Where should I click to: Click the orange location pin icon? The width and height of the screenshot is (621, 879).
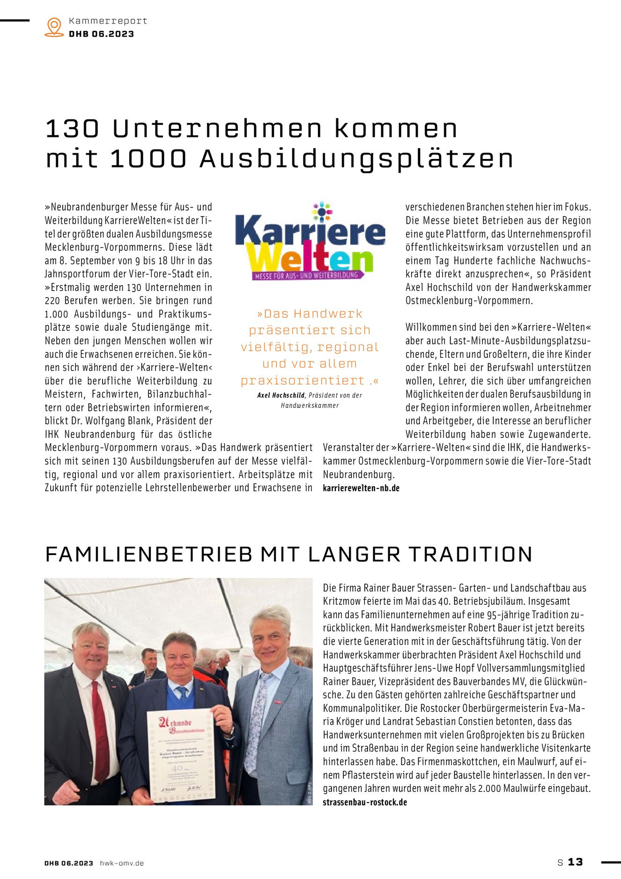click(54, 27)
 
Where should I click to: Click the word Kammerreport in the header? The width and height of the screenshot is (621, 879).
click(108, 21)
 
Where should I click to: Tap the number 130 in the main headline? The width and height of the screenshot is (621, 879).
click(72, 129)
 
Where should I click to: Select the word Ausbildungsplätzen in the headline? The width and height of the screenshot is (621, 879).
click(356, 159)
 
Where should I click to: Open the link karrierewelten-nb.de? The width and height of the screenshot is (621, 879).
click(361, 488)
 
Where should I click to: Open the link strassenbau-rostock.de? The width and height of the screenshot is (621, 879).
click(365, 802)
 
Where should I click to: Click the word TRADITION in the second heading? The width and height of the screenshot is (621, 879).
click(470, 554)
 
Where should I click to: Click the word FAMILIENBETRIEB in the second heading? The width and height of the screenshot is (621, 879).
click(148, 554)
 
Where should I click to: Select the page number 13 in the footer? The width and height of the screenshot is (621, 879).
click(575, 862)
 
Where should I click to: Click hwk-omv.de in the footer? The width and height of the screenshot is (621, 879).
click(122, 863)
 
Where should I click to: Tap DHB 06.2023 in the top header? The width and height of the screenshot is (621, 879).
click(101, 34)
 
